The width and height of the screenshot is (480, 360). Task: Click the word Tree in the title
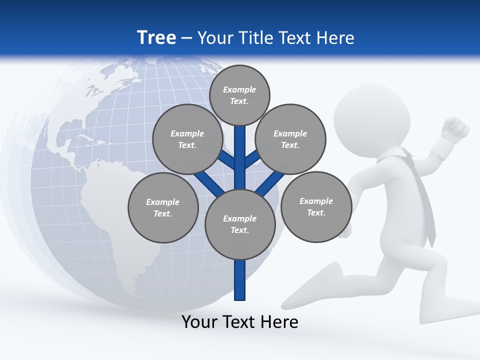coord(156,37)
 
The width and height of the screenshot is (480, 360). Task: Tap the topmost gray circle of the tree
coord(239,95)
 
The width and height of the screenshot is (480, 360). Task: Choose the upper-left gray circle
coord(187,139)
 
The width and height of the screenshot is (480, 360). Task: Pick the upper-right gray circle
coord(290,139)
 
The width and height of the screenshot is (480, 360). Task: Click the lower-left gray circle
coord(163,207)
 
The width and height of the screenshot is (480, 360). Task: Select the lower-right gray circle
coord(316,206)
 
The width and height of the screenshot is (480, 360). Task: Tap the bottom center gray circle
coord(240,224)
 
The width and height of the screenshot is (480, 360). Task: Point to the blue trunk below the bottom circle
coord(240,280)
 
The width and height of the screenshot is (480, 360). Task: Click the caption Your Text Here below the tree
coord(240,322)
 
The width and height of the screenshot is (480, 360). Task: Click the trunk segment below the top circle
coord(240,150)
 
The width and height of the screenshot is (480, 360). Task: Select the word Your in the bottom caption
coord(199,322)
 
